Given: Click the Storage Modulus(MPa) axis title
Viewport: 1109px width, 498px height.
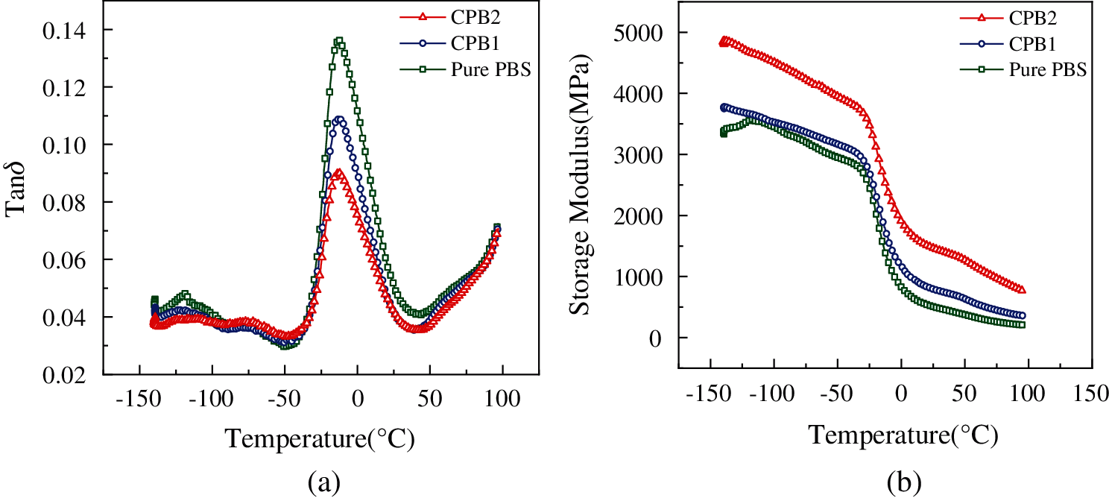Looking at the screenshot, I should point(583,186).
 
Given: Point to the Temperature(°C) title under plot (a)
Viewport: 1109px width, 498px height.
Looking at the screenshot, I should point(320,439).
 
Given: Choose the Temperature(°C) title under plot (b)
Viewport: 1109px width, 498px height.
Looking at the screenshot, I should point(903,435).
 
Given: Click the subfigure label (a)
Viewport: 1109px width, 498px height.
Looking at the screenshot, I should point(323,484).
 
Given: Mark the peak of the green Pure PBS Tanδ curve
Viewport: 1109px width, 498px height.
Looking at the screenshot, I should point(339,41).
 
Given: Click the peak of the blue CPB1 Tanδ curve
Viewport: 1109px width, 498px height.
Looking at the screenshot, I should point(339,119).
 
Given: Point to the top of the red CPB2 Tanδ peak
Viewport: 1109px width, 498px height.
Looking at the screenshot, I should point(338,173).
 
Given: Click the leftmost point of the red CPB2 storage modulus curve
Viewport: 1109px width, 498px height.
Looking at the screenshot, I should point(722,42).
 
